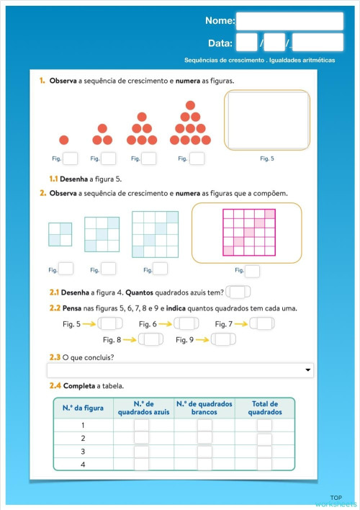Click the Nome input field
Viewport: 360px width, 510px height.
[x=289, y=21]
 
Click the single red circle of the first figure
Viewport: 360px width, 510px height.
[x=64, y=140]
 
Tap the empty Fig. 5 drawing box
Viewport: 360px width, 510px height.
[x=267, y=120]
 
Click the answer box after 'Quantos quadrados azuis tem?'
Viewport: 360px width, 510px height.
[x=238, y=292]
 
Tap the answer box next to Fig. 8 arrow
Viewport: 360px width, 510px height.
[x=150, y=339]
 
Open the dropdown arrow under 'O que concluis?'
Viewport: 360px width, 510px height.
[x=309, y=370]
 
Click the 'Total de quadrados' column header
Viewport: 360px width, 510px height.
[x=264, y=408]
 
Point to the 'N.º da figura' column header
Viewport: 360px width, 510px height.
[x=83, y=408]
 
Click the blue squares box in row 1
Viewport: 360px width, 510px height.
[x=141, y=426]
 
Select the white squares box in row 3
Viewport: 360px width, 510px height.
[x=204, y=452]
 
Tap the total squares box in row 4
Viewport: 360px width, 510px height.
[x=264, y=465]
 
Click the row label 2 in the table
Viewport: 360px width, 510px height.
[x=83, y=439]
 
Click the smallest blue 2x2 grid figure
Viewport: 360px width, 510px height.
[x=60, y=235]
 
